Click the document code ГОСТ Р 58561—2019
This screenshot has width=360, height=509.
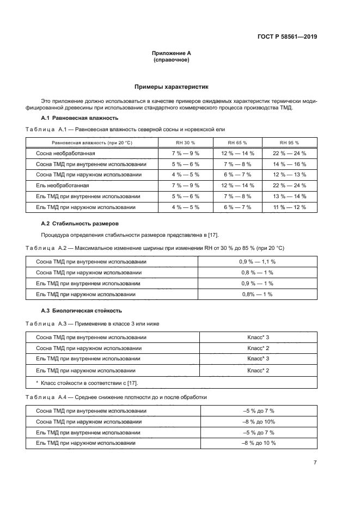[287, 37]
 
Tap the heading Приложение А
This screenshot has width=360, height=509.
[171, 53]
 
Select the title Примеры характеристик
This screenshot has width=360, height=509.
[171, 87]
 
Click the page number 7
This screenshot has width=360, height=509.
[315, 462]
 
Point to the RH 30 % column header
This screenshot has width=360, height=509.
[185, 143]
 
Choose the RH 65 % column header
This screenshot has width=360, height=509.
[237, 143]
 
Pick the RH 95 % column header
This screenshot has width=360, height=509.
[290, 143]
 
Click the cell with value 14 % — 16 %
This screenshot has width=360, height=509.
[290, 164]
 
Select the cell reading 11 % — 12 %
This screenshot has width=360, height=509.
[290, 207]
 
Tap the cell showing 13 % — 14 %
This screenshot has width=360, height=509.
[290, 197]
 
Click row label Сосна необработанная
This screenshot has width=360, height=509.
[65, 154]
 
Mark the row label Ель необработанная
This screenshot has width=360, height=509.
[62, 186]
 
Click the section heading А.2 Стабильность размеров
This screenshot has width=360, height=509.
[80, 224]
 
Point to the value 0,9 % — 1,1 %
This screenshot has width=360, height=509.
[257, 262]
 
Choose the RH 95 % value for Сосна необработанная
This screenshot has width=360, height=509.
[290, 154]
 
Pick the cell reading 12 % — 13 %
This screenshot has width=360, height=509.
[290, 175]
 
